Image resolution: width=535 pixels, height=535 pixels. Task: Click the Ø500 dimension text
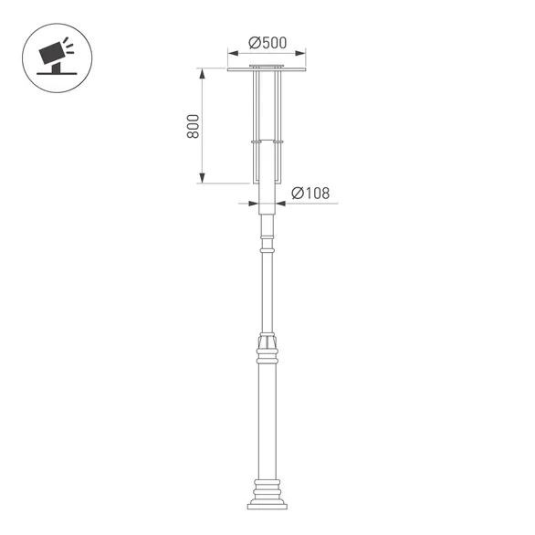click(267, 42)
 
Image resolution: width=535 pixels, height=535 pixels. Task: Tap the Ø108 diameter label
click(310, 193)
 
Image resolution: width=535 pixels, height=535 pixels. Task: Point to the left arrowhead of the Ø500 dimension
click(231, 53)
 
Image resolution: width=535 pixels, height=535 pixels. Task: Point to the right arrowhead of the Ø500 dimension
click(302, 53)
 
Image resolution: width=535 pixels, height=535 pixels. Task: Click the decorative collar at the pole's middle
click(267, 346)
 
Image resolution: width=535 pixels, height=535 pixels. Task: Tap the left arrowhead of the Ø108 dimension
click(257, 203)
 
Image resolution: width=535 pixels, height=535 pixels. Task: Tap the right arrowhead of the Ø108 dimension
click(277, 203)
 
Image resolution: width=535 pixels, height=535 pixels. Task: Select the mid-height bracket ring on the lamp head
click(267, 142)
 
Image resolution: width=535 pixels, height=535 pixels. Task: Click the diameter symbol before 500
click(254, 42)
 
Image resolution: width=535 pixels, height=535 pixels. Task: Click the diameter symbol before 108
click(297, 193)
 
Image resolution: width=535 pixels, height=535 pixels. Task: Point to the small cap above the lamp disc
click(267, 66)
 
